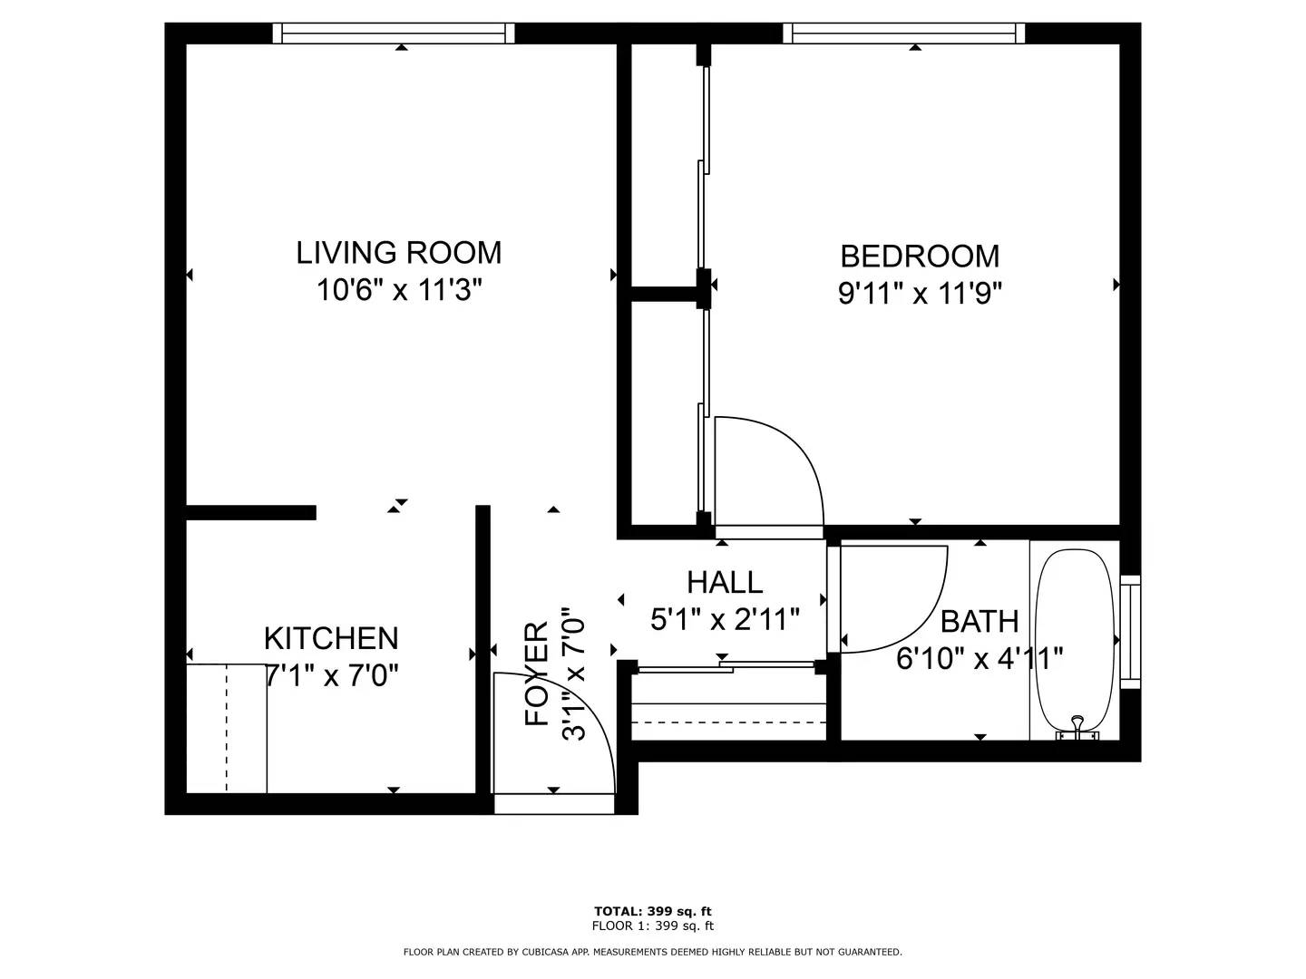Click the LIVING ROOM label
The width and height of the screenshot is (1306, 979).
399,253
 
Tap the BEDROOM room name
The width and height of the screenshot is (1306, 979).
920,257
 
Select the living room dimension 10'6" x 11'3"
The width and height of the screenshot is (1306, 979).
399,291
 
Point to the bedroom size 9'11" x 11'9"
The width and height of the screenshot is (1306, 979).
920,294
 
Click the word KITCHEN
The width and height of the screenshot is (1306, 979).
331,638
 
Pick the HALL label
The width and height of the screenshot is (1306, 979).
725,583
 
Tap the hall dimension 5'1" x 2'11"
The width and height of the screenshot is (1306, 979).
725,619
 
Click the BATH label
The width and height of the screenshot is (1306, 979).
979,622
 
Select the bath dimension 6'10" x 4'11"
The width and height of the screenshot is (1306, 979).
979,659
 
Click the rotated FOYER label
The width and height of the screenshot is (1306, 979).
537,674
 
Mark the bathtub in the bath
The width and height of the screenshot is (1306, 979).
1075,641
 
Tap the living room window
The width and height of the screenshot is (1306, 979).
394,34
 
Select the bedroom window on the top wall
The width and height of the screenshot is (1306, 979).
904,34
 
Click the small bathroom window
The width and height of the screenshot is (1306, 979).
1130,632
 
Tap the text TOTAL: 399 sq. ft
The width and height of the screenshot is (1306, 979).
653,911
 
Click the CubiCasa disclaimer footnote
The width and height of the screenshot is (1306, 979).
653,952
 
